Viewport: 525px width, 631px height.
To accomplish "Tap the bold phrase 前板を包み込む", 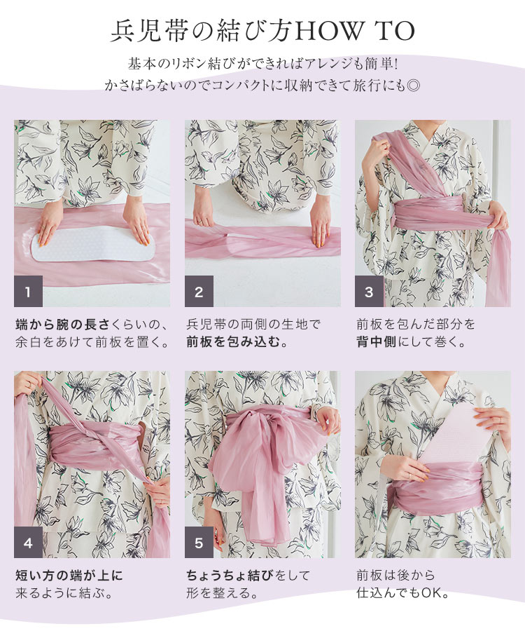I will [228, 343].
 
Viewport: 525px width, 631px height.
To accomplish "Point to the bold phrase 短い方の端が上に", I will [69, 576].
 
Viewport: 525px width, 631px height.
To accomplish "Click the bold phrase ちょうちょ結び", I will [229, 576].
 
